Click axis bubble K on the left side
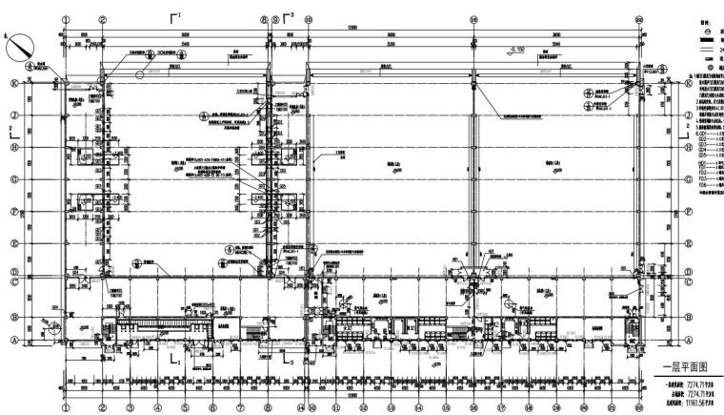click(x=13, y=83)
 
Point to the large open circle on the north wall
click(x=139, y=73)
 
